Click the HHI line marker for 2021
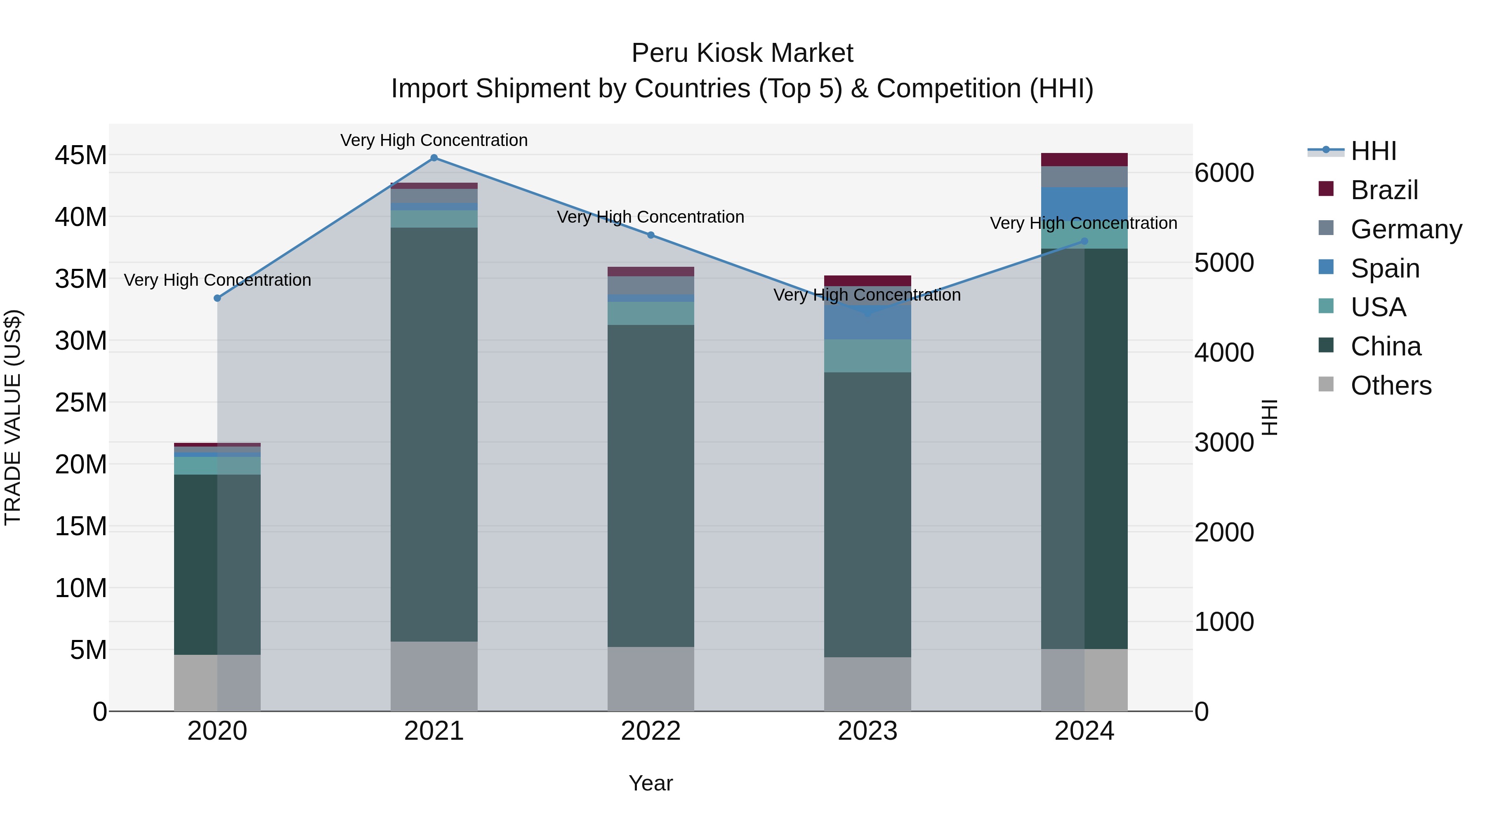tap(434, 158)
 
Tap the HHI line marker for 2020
tap(217, 299)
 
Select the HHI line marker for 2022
tap(651, 235)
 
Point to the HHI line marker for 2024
tap(1084, 242)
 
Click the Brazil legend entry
tap(1384, 190)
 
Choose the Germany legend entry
tap(1405, 229)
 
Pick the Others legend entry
tap(1391, 386)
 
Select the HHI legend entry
tap(1373, 151)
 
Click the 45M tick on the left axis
tap(81, 155)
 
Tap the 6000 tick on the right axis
tap(1224, 173)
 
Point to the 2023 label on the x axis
tap(867, 731)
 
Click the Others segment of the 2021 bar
tap(434, 676)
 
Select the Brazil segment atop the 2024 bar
tap(1084, 160)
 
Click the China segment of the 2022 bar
tap(651, 485)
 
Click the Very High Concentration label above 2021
tap(434, 140)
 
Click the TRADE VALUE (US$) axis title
tap(13, 417)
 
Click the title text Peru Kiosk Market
tap(742, 53)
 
